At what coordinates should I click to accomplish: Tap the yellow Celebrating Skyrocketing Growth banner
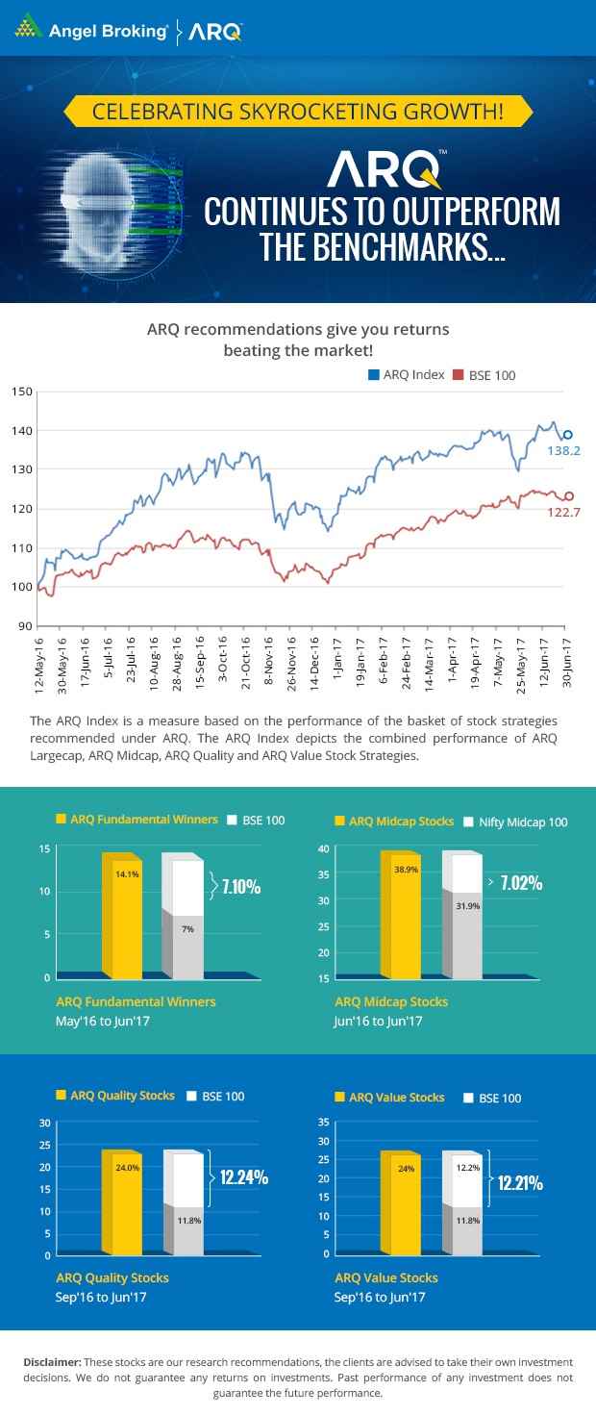pyautogui.click(x=297, y=112)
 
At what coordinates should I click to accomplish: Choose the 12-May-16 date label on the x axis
pyautogui.click(x=39, y=663)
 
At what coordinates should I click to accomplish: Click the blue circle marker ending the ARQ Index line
pyautogui.click(x=567, y=435)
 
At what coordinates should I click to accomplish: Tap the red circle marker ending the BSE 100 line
pyautogui.click(x=569, y=496)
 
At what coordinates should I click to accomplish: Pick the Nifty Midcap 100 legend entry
pyautogui.click(x=516, y=822)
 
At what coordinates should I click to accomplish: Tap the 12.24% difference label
pyautogui.click(x=243, y=1176)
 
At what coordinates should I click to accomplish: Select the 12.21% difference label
pyautogui.click(x=520, y=1183)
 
